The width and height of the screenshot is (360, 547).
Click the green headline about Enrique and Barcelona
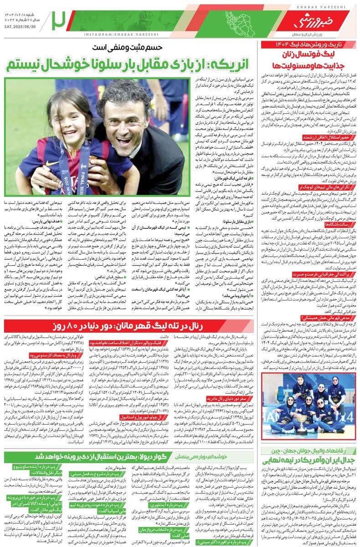[x=131, y=64]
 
